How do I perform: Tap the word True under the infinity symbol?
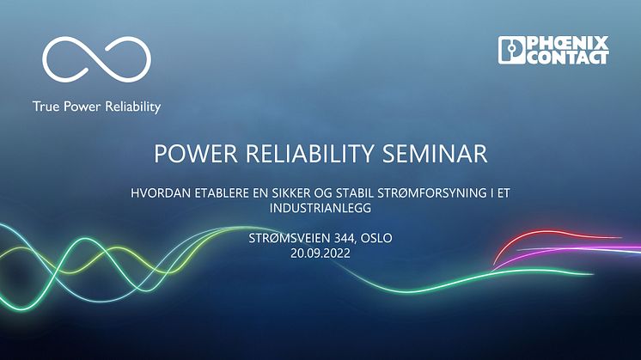pyautogui.click(x=46, y=107)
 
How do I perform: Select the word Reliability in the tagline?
pyautogui.click(x=133, y=107)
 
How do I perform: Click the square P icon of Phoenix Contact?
pyautogui.click(x=511, y=50)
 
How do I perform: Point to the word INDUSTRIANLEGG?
pyautogui.click(x=320, y=208)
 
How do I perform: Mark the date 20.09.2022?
pyautogui.click(x=320, y=253)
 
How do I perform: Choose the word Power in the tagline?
pyautogui.click(x=82, y=107)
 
